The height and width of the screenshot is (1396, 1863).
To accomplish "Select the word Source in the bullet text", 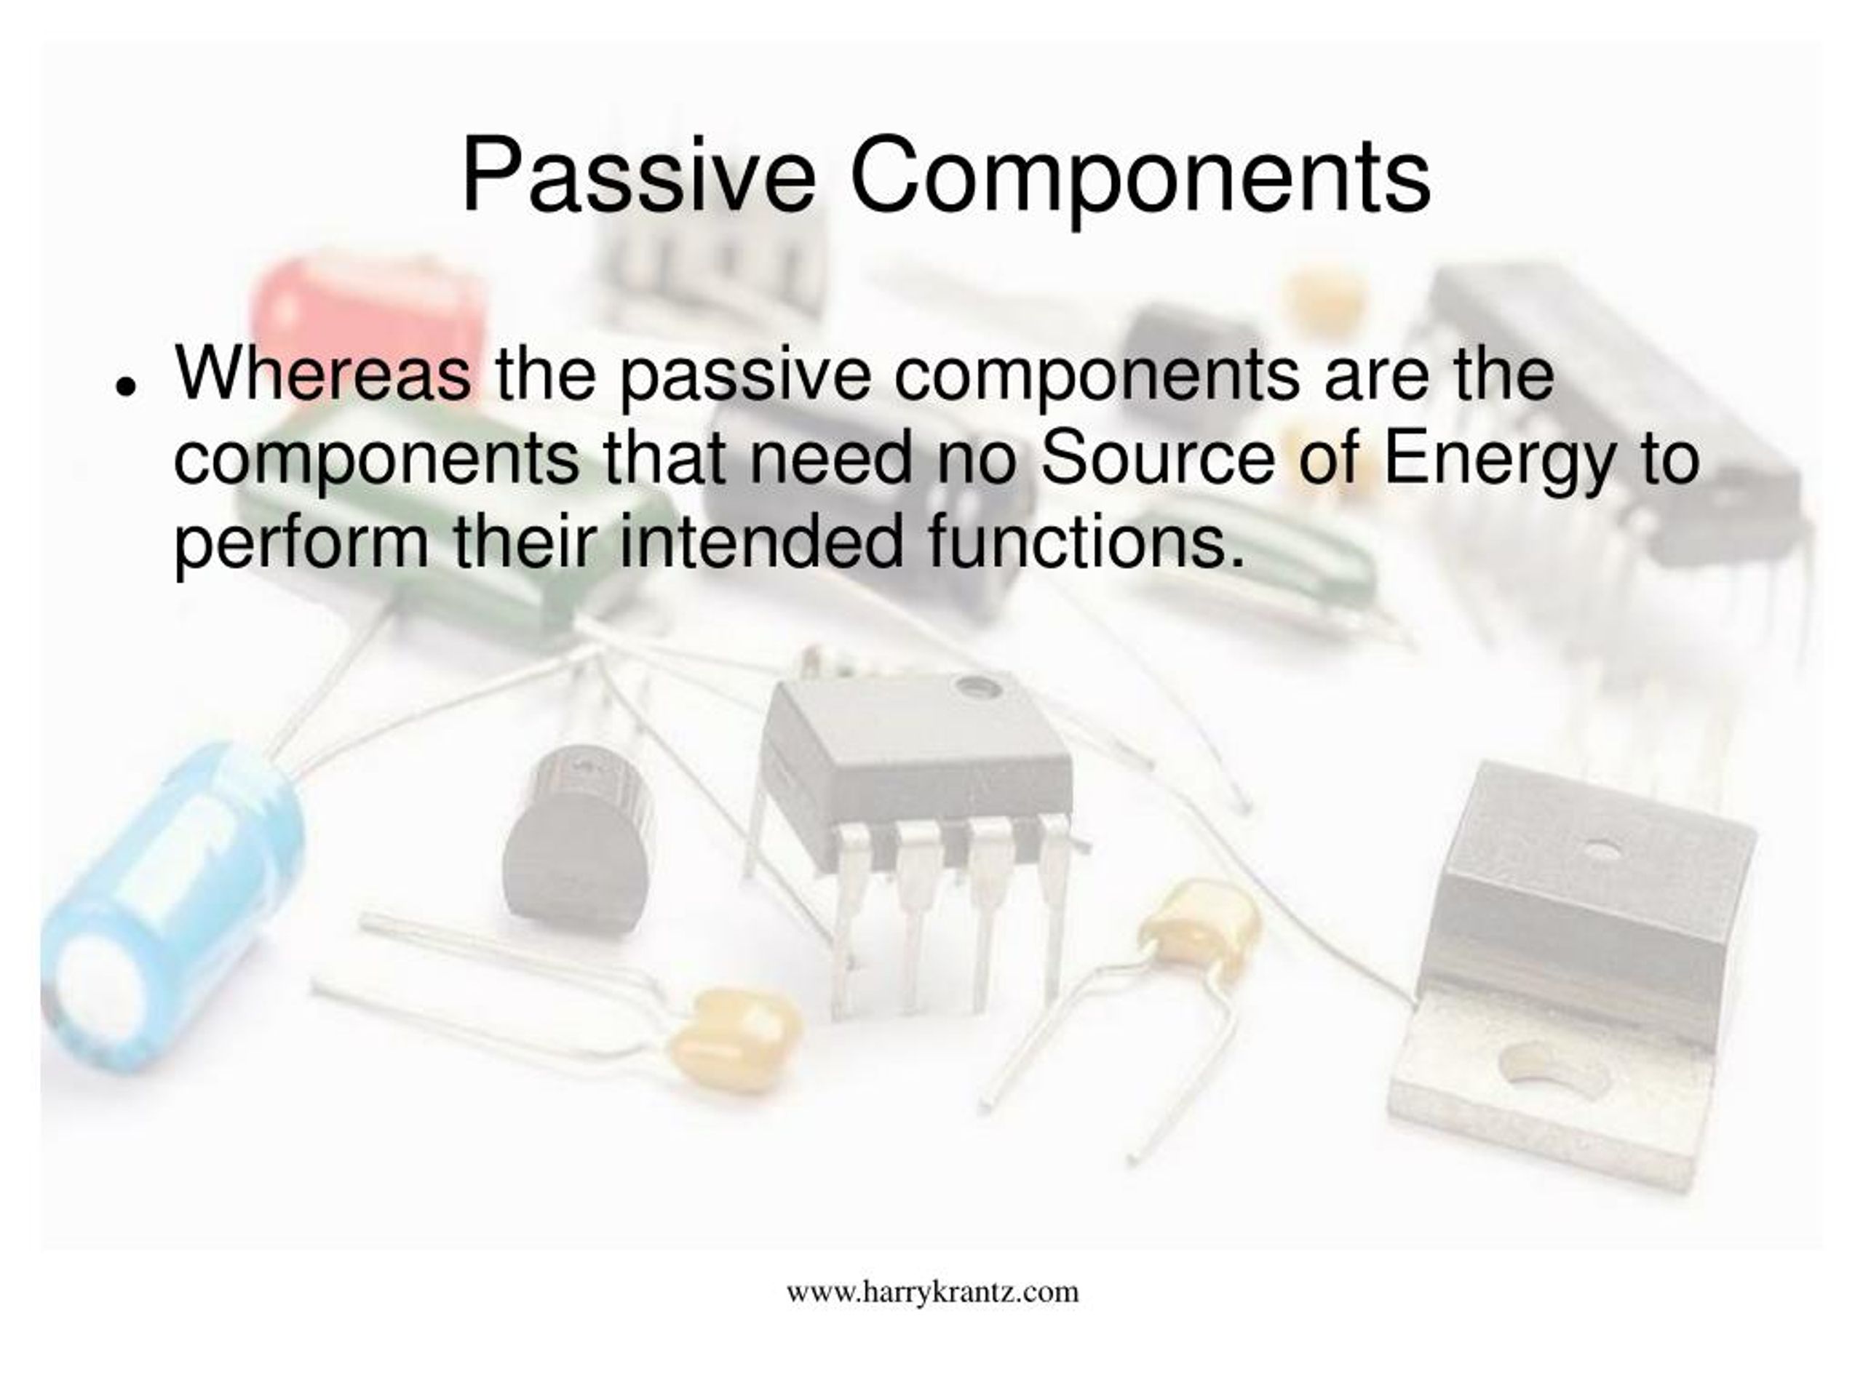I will pos(1157,459).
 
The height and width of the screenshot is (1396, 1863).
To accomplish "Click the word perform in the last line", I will pos(301,545).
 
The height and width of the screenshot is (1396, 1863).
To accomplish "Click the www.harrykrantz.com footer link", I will pos(932,1291).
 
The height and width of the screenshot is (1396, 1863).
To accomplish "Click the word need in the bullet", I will pos(830,459).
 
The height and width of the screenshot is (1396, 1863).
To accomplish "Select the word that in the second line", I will pos(664,459).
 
